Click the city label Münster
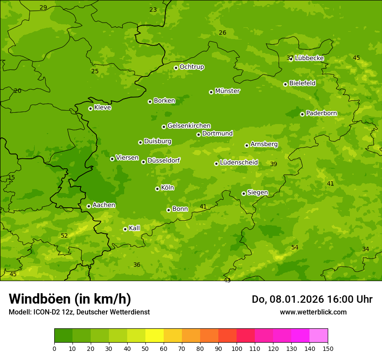[227, 91]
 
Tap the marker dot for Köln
[157, 189]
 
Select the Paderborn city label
[321, 113]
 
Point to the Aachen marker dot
[89, 206]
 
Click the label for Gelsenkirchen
[189, 126]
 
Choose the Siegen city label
[257, 193]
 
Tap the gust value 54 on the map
[295, 247]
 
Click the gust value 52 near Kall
[64, 236]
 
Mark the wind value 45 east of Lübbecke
[356, 58]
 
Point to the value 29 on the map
[43, 7]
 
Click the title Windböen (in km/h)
[70, 299]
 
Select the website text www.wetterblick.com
[313, 312]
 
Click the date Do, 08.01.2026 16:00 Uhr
[312, 299]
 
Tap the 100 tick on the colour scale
[237, 348]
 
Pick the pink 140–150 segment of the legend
[319, 336]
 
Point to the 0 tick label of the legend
[54, 348]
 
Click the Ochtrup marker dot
[176, 68]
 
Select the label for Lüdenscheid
[239, 163]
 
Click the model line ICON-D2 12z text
[79, 312]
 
